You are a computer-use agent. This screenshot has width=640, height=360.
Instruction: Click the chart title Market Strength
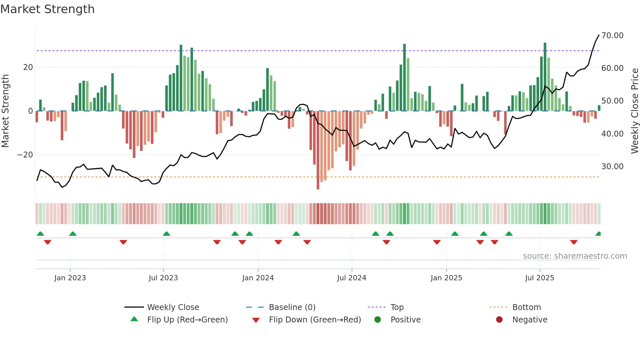[48, 9]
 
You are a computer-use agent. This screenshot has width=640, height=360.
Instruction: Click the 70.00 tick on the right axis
[612, 36]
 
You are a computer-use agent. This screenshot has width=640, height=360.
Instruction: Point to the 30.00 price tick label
[612, 167]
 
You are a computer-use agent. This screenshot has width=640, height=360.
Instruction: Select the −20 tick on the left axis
[25, 155]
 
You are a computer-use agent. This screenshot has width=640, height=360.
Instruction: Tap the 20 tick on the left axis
[28, 67]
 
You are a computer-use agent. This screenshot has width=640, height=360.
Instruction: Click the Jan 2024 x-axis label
[258, 278]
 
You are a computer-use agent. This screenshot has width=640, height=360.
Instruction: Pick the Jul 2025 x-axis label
[539, 278]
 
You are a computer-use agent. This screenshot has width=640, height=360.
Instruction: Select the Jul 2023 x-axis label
[163, 278]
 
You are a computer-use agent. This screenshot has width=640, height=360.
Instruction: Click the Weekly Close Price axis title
[634, 111]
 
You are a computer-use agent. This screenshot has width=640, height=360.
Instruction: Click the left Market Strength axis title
[5, 111]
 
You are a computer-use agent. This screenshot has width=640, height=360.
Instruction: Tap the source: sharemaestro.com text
[575, 256]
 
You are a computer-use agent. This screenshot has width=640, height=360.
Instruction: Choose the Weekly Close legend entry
[173, 307]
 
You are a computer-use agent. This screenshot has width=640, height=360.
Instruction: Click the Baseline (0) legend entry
[292, 307]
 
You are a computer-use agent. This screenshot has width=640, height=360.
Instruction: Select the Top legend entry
[397, 307]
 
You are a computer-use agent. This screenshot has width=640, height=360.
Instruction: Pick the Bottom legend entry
[526, 307]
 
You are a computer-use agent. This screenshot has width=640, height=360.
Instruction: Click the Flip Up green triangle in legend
[134, 319]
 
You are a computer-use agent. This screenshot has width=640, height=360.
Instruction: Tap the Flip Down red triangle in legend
[256, 320]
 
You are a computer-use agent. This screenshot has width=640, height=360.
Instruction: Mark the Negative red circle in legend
[499, 320]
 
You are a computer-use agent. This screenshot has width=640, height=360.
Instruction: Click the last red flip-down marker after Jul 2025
[574, 242]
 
